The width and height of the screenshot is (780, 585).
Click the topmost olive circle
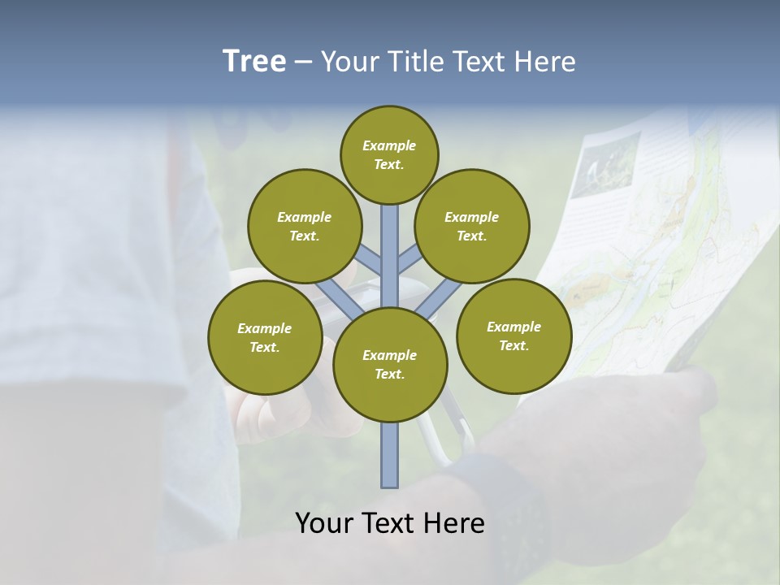[389, 154]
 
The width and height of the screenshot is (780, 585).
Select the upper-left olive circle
[304, 226]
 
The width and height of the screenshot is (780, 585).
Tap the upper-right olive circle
[471, 226]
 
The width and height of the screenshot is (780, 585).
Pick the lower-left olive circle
[264, 337]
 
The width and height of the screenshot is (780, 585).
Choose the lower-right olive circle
[513, 336]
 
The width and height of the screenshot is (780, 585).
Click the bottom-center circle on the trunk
[389, 364]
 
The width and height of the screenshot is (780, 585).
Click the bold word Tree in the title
[254, 61]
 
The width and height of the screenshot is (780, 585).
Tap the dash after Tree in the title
[303, 62]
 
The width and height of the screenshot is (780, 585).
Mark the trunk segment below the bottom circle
[389, 455]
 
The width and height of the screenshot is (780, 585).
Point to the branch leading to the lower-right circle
[439, 298]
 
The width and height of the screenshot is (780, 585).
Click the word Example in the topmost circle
[389, 145]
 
